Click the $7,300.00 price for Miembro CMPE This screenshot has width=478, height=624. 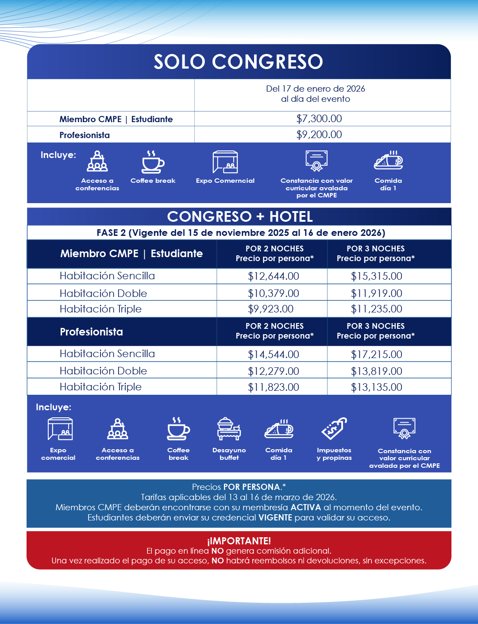[x=319, y=119]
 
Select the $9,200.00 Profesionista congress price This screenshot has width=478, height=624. [x=319, y=135]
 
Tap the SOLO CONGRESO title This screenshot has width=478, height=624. [x=239, y=62]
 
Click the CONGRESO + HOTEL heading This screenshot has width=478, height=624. [x=240, y=216]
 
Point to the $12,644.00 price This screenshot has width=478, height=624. [x=274, y=276]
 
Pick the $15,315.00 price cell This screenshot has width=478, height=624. [x=377, y=276]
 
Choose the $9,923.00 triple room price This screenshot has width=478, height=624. [x=271, y=309]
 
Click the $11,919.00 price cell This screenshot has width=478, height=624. [x=377, y=293]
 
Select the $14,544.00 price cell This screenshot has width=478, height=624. [x=274, y=354]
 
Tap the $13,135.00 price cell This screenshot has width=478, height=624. [x=377, y=387]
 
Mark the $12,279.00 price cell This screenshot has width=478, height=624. [x=274, y=371]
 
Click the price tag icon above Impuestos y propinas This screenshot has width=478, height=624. [x=334, y=429]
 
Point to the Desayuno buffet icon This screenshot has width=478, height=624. [x=229, y=429]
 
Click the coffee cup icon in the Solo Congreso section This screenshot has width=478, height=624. [x=153, y=162]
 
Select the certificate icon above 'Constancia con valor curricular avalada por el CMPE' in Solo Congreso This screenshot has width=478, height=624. [x=316, y=161]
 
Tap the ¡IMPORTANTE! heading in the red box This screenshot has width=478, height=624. [x=239, y=541]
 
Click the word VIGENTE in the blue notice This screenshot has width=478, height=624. [x=275, y=517]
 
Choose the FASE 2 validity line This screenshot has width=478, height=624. [x=241, y=233]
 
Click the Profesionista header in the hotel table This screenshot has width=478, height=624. [x=92, y=332]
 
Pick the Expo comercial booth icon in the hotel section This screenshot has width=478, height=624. [x=60, y=429]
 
